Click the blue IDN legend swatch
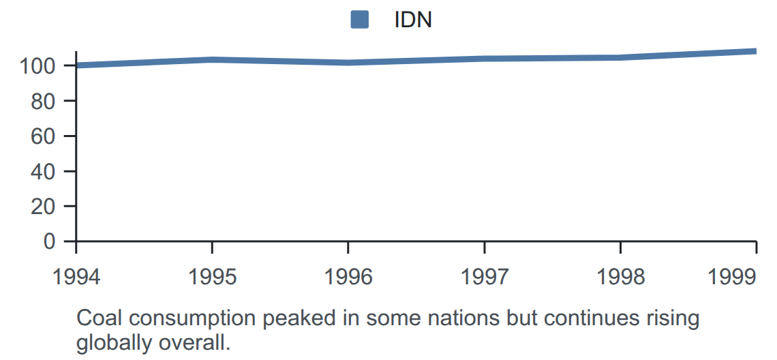coord(360,20)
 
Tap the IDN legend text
coord(413,20)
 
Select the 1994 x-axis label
coord(76,277)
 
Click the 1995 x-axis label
coord(212,277)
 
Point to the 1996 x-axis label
coord(348,277)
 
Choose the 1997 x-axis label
coord(484,277)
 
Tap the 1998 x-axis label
coord(620,277)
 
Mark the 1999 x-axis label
coord(732,277)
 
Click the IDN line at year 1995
coord(212,60)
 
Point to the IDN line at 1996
coord(348,63)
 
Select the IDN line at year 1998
coord(620,57)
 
